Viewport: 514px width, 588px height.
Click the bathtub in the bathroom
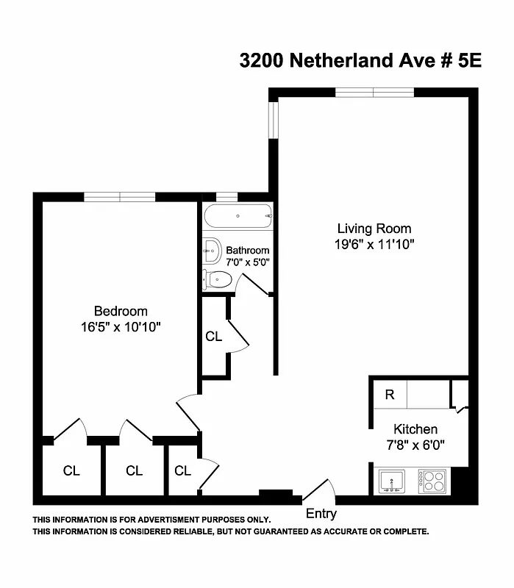(x=238, y=217)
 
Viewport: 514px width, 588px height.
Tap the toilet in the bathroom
(x=218, y=279)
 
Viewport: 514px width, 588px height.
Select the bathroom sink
(x=212, y=251)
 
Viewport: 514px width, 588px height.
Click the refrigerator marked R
(x=390, y=395)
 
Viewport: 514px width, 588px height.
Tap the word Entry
(x=321, y=514)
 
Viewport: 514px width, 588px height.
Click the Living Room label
(x=374, y=228)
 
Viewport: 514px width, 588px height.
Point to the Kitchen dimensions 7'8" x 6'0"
(x=415, y=445)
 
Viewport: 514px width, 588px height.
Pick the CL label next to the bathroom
(x=213, y=337)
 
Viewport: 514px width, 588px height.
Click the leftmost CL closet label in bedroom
(x=71, y=470)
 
